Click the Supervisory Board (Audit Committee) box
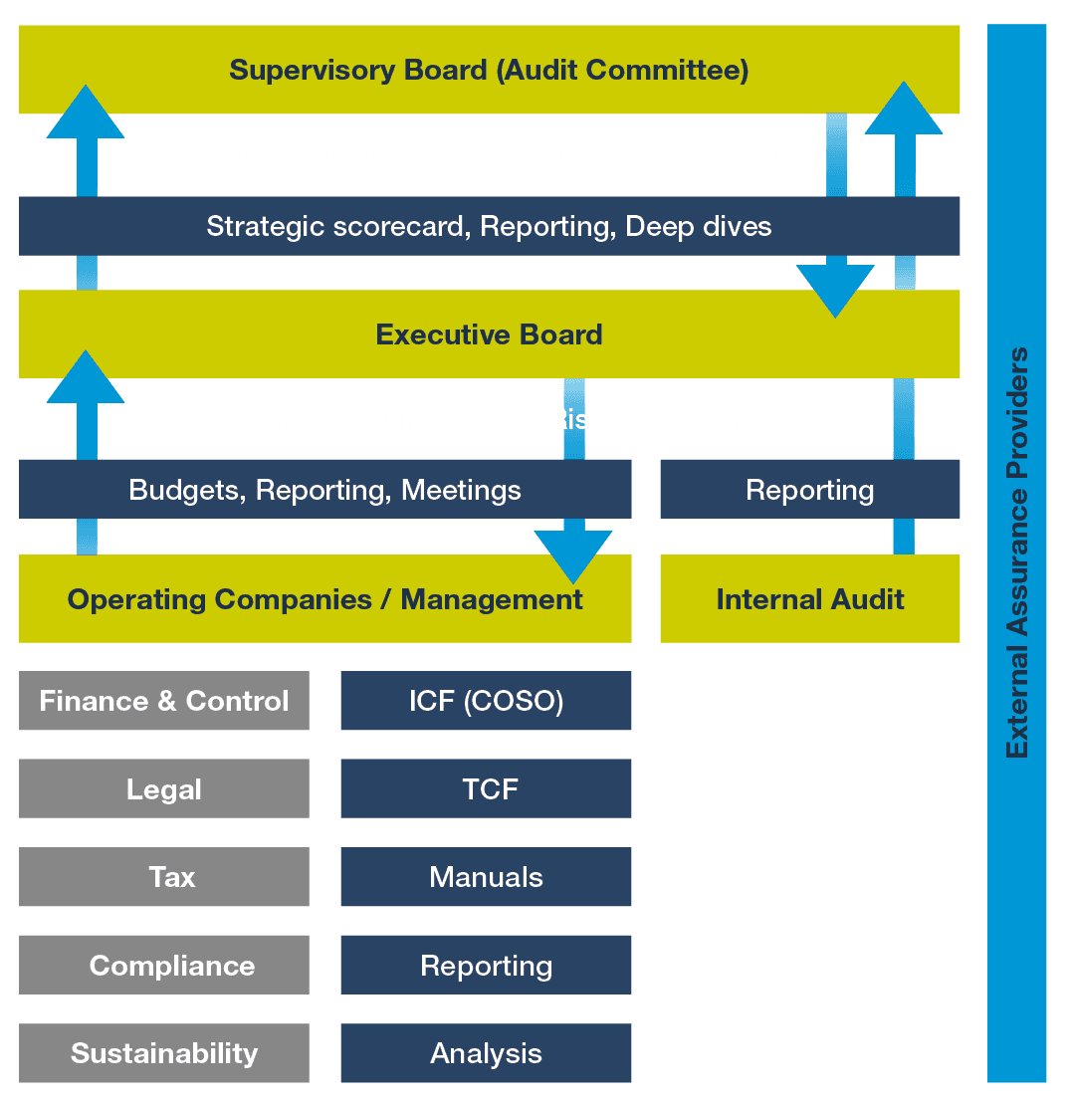coord(489,70)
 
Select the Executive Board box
coord(489,334)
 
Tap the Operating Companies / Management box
coord(324,599)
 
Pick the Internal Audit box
coord(809,599)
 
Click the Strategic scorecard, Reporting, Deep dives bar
coord(489,226)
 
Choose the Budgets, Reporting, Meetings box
coord(324,490)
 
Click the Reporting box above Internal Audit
coord(809,490)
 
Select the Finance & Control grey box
coord(164,701)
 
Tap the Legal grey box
coord(164,789)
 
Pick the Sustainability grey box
coord(164,1053)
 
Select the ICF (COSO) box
coord(486,701)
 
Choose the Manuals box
coord(486,877)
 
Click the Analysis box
coord(486,1053)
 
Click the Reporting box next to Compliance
coord(486,966)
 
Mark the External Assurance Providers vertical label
coord(1016,552)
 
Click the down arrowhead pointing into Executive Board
coord(836,292)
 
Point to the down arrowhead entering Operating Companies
coord(573,556)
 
